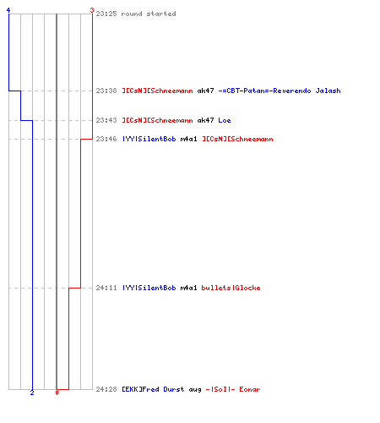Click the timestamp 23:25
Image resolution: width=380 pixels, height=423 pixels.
[106, 14]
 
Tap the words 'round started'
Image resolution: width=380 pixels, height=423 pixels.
[149, 14]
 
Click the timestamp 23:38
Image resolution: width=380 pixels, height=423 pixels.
[106, 91]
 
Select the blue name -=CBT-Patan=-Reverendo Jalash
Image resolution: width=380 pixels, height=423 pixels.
[280, 91]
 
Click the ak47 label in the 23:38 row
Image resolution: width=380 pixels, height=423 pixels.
[205, 91]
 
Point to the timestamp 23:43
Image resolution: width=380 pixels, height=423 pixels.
[106, 120]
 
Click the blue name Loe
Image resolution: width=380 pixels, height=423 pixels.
[225, 120]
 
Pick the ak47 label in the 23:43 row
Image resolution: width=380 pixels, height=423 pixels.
[205, 120]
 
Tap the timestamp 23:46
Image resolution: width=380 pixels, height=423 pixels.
[106, 139]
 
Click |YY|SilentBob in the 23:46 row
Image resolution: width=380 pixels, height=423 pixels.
[149, 139]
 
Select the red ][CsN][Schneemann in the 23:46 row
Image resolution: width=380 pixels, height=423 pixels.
[237, 139]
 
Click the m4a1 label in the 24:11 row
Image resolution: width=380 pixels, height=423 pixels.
[188, 288]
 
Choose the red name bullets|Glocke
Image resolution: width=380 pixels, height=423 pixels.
[231, 288]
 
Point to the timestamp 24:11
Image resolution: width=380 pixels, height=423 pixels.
[106, 288]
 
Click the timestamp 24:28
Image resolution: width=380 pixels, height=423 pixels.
[106, 389]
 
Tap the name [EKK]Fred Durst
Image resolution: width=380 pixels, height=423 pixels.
[153, 389]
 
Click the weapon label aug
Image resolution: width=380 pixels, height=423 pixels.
[195, 390]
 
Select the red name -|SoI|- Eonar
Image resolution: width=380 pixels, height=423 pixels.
[233, 389]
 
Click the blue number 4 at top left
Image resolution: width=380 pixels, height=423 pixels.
[8, 10]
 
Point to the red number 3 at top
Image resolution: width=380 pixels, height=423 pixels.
[92, 10]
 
